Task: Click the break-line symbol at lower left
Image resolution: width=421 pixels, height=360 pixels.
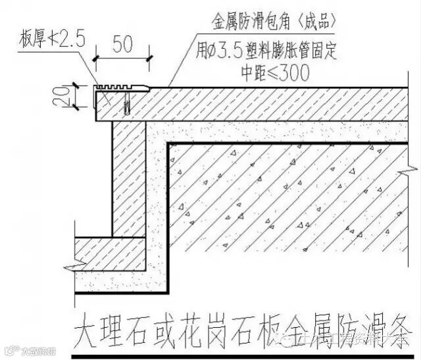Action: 68,266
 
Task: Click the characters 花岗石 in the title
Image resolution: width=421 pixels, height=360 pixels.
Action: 220,326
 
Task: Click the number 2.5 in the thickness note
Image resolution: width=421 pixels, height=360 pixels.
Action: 71,40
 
